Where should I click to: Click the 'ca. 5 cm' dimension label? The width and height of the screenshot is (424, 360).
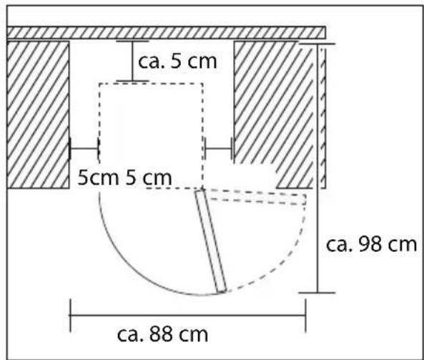(177, 62)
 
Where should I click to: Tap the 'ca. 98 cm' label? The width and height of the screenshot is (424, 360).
(371, 245)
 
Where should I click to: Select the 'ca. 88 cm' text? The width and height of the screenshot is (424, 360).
(162, 334)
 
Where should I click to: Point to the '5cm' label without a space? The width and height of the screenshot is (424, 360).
(98, 177)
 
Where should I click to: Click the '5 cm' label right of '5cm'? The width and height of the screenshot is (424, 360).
(149, 177)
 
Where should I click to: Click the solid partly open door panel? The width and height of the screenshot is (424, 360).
(211, 241)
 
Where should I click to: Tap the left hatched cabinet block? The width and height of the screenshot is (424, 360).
(38, 115)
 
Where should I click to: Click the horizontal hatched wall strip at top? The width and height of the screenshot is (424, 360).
(166, 33)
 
